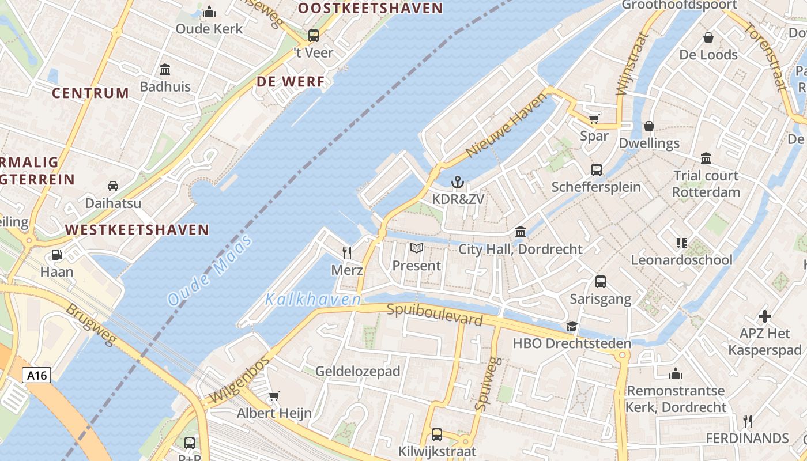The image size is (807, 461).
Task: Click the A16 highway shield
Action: coord(37,376)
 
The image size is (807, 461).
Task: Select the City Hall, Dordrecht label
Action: coord(521,249)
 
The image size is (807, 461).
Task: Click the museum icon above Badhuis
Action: coord(165,70)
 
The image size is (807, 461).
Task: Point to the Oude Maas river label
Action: coord(210,270)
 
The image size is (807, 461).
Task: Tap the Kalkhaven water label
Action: coord(313,299)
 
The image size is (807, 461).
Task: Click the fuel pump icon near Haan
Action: coord(56,255)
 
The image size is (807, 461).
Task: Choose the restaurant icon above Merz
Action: coord(347,252)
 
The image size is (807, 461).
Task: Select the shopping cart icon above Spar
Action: coord(594,119)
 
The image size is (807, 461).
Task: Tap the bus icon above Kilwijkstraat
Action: coord(437,434)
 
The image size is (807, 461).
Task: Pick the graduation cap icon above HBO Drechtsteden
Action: coord(572,326)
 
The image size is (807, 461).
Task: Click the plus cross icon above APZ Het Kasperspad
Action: coord(765,316)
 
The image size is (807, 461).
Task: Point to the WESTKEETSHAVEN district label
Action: coord(137,230)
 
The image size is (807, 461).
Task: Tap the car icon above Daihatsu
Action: coord(113,186)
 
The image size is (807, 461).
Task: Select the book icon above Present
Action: coord(416,248)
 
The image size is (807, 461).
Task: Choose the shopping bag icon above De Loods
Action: coord(708,37)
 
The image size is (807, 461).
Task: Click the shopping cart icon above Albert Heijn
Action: coord(274,396)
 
